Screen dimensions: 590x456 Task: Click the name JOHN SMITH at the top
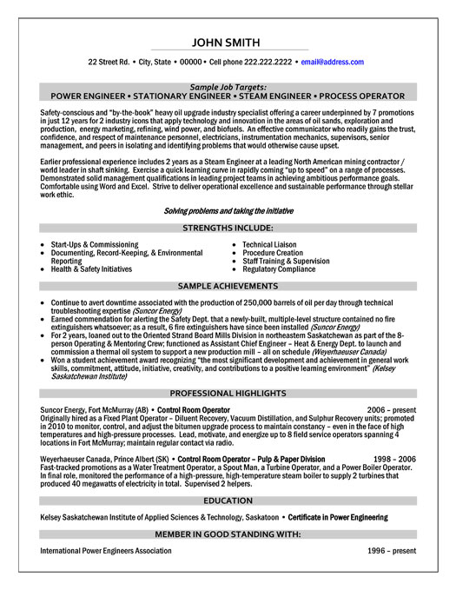click(x=228, y=41)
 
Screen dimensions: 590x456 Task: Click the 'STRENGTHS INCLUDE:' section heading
click(x=228, y=227)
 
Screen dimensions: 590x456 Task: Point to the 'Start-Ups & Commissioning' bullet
click(x=95, y=245)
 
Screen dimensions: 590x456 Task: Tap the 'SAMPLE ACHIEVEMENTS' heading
click(x=228, y=285)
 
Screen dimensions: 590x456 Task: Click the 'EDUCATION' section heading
click(x=228, y=502)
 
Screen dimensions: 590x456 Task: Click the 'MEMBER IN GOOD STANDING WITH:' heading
click(x=228, y=534)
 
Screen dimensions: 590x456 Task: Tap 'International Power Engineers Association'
click(x=106, y=550)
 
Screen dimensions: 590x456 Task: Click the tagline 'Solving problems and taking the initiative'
click(x=228, y=211)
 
